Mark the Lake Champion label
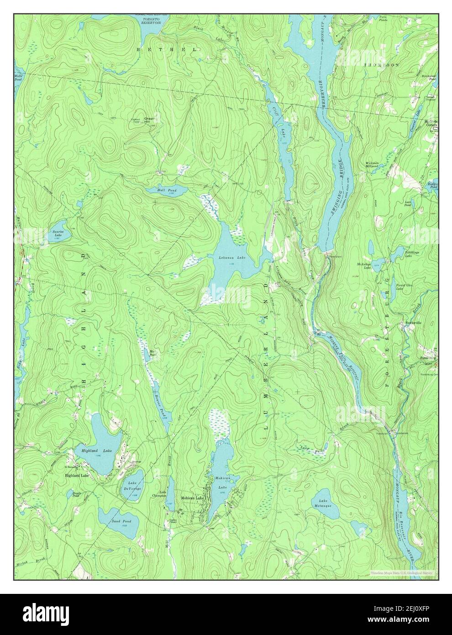(159, 494)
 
